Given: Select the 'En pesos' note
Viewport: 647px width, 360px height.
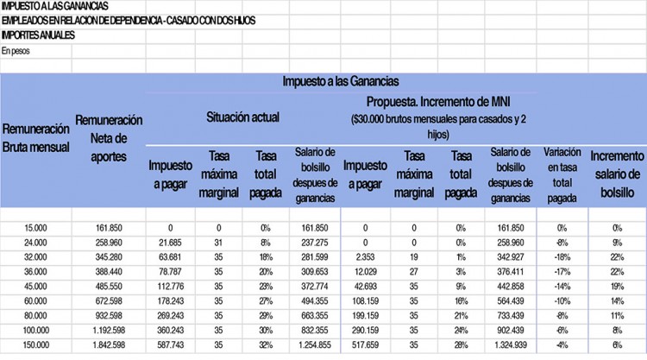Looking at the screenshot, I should pos(15,51).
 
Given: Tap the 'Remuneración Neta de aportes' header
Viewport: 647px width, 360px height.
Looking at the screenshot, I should pos(109,137).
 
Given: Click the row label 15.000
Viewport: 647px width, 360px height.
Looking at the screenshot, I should pos(35,228).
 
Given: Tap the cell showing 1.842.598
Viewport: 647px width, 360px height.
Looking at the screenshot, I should pos(109,344).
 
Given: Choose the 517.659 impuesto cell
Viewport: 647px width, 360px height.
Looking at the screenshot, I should pos(361,344).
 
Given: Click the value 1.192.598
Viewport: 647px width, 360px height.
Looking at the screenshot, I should pos(109,330).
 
